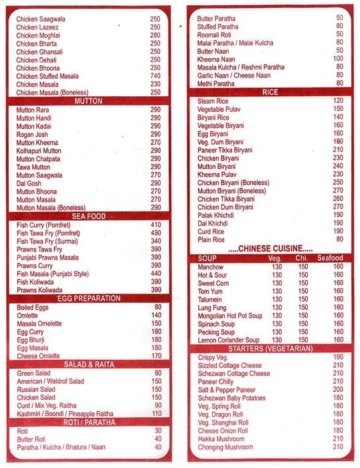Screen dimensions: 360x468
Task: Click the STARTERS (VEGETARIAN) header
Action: coord(269,349)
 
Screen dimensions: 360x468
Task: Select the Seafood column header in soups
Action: coord(330,258)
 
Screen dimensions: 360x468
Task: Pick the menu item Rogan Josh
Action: coord(31,134)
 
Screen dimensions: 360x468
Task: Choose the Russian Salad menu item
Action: coord(36,388)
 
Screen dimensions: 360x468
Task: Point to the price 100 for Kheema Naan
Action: coord(339,59)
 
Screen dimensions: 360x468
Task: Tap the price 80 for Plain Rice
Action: coord(339,239)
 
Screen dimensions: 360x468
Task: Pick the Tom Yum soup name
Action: coord(210,291)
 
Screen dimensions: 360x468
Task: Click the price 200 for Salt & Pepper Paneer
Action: coord(338,389)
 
